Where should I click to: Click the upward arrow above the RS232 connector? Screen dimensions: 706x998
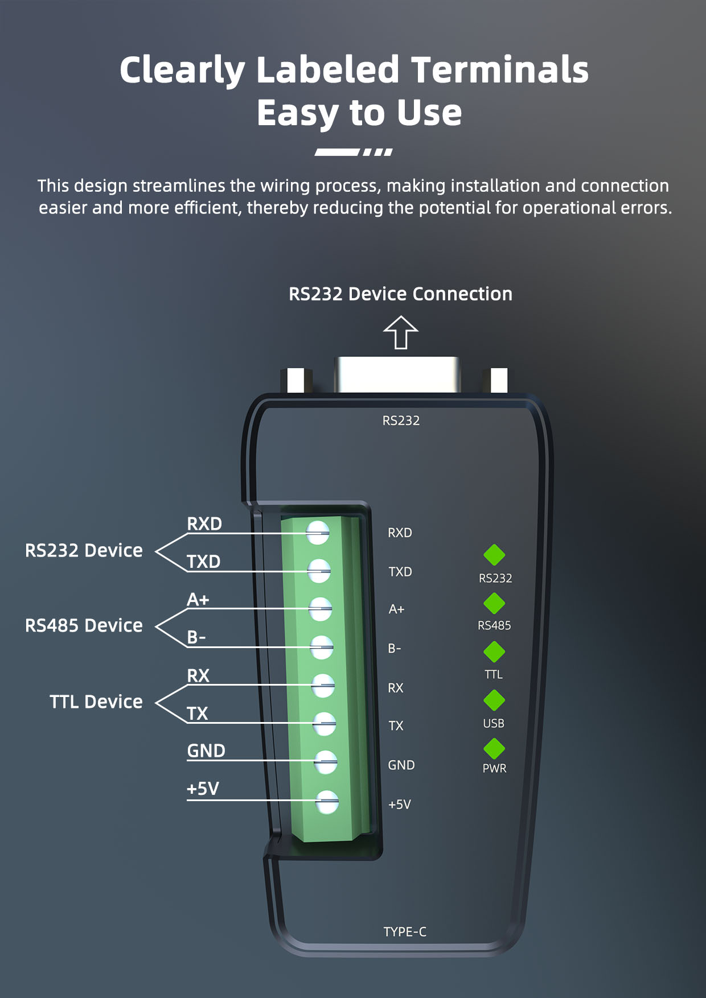pos(401,332)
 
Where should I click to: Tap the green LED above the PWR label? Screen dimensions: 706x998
pos(494,749)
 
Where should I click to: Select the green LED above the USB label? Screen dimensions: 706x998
pos(494,700)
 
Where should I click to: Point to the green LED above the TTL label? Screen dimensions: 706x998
pos(494,652)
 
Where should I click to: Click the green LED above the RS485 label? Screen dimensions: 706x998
pos(494,604)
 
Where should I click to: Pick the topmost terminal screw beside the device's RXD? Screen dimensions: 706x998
pos(318,533)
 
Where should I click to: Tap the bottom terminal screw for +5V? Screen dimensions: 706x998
pos(327,802)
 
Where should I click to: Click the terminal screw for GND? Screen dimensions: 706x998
pos(326,762)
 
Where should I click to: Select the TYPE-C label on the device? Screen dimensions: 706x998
pos(405,931)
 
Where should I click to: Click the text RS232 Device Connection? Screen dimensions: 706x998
pos(400,294)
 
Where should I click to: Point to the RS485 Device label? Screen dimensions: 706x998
pos(84,625)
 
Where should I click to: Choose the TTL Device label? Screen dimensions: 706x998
pos(96,702)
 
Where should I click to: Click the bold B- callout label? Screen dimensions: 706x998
pos(196,637)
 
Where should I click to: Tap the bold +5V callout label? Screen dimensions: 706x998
pos(203,789)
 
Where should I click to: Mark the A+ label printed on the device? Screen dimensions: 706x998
pos(396,609)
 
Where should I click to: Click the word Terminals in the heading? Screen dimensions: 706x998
pos(499,70)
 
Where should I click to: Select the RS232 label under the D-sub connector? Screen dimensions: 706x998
pos(401,420)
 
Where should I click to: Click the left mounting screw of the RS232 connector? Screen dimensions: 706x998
pos(296,380)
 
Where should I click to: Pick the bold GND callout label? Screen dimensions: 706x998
pos(206,751)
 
